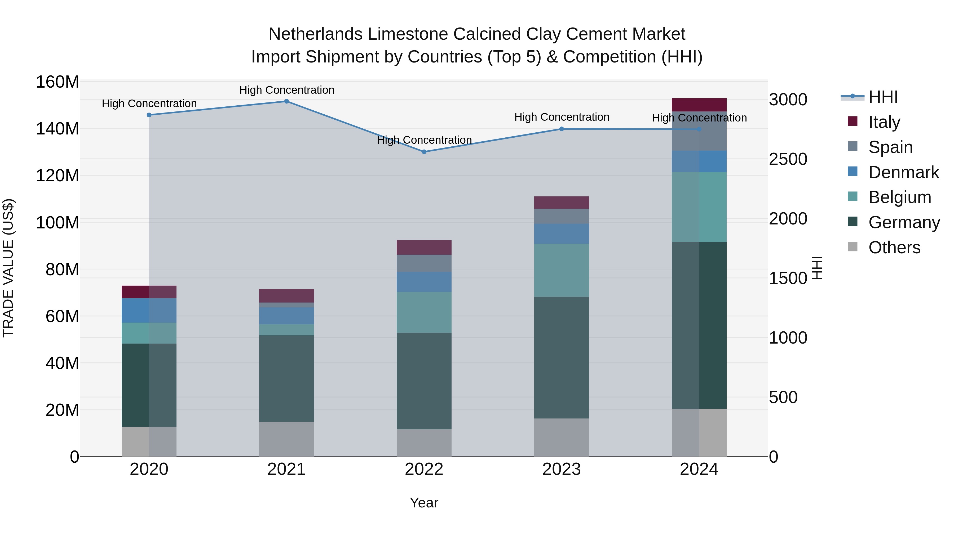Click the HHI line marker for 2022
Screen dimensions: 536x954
click(x=424, y=152)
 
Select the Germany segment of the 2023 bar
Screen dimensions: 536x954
click(x=562, y=357)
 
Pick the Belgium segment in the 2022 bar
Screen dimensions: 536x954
click(x=424, y=312)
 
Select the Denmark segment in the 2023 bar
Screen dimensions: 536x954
click(x=562, y=233)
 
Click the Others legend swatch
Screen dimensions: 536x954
click(x=852, y=247)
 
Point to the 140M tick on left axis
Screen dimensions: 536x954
click(x=58, y=129)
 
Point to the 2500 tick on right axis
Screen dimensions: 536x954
click(x=788, y=159)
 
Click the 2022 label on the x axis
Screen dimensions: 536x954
click(x=424, y=469)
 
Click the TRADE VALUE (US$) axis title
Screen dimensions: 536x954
click(x=8, y=268)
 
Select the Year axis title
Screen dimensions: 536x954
click(x=424, y=503)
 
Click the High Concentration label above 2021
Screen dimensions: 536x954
click(x=287, y=90)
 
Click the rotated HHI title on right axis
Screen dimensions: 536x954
click(x=817, y=268)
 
